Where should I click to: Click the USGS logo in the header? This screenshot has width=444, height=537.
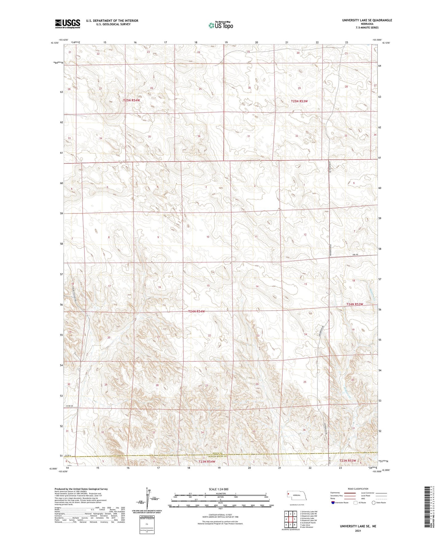tap(68, 23)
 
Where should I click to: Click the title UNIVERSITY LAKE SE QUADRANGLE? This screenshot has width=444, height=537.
tap(367, 20)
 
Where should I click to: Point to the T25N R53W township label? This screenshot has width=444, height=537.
tap(299, 101)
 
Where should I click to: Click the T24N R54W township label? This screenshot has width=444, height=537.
tap(196, 311)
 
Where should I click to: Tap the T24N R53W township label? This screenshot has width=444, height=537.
tap(355, 304)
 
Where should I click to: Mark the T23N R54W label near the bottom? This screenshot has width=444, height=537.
tap(207, 461)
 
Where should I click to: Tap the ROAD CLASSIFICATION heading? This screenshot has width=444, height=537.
tap(358, 489)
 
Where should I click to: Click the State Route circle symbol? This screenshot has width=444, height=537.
tap(374, 503)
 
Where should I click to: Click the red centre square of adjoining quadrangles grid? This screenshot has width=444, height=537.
tap(290, 519)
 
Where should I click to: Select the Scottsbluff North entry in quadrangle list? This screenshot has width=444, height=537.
tap(308, 523)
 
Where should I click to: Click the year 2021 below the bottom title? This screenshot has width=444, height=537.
tap(358, 531)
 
